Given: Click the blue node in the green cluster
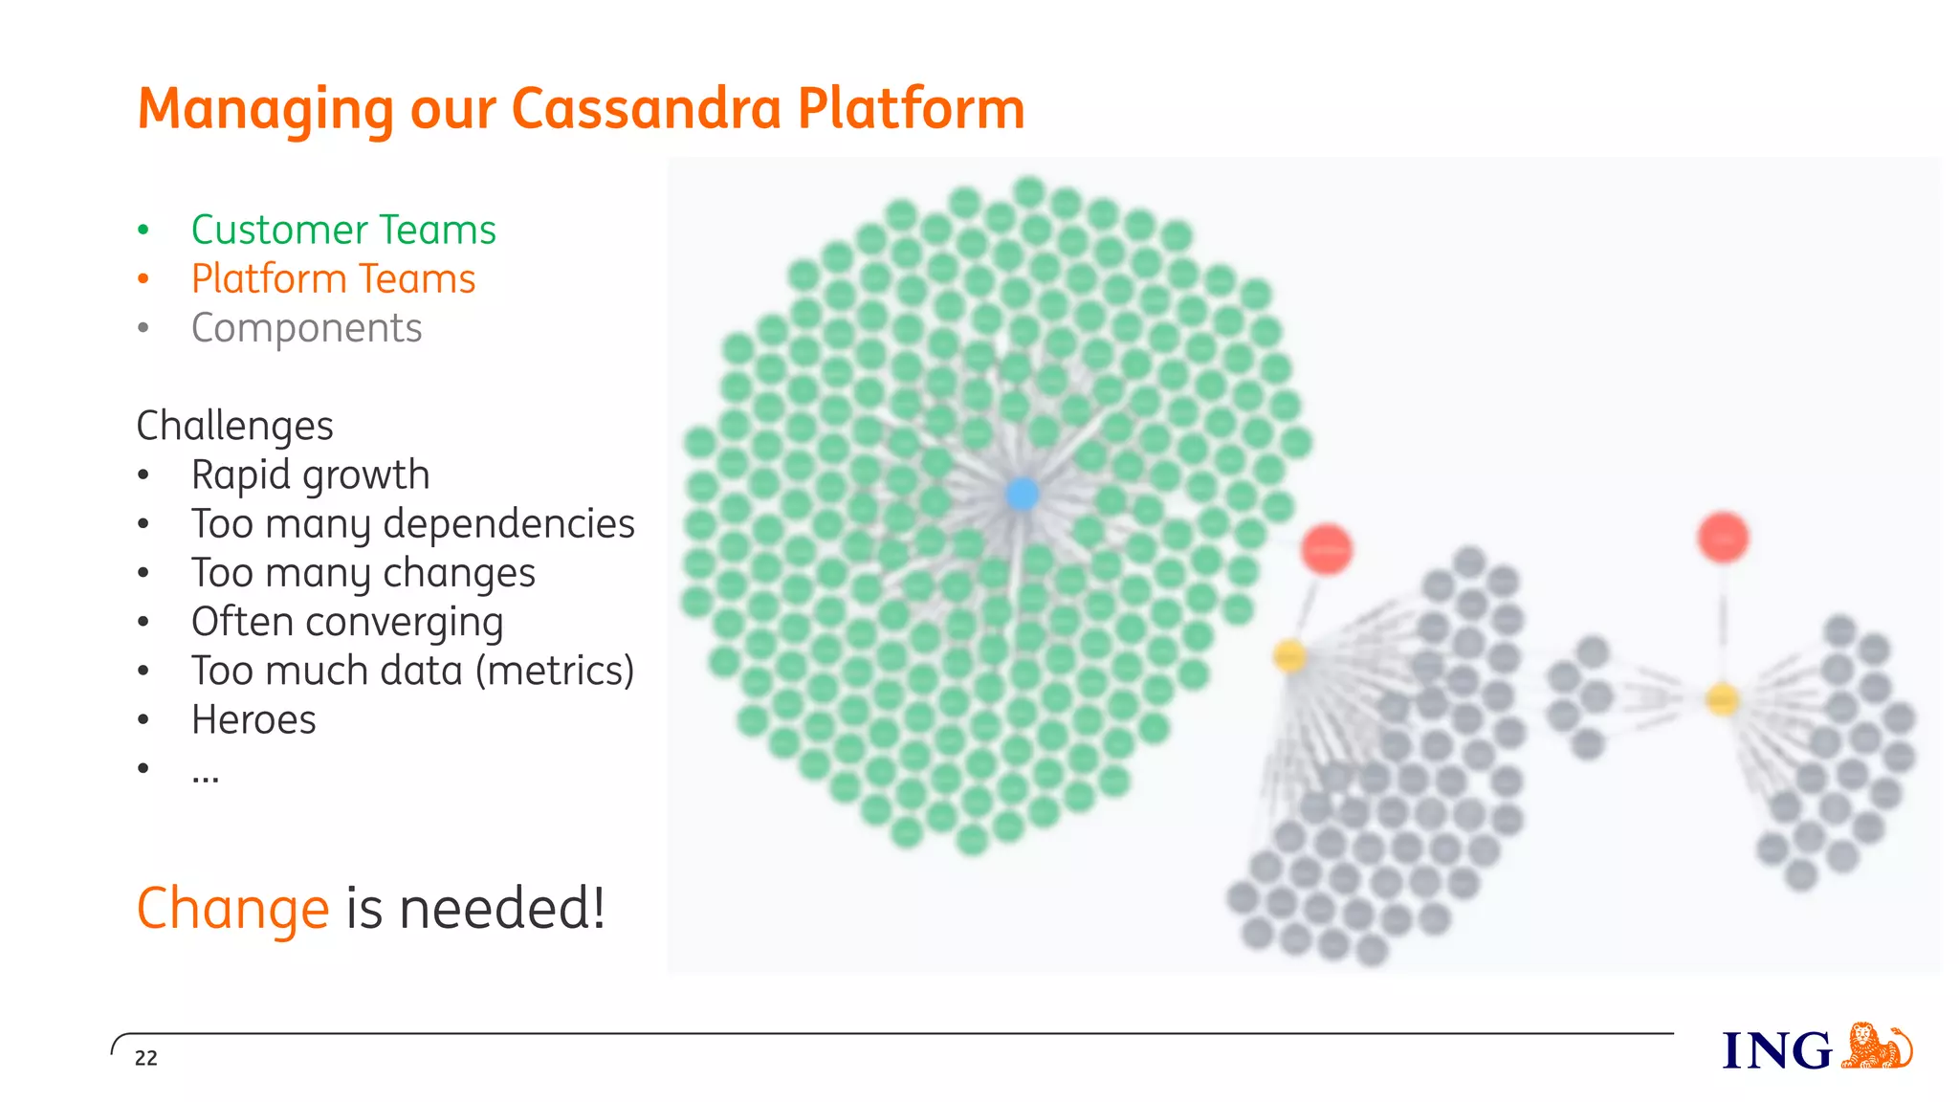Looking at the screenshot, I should click(1022, 494).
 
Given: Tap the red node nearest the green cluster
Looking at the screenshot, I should click(1326, 549).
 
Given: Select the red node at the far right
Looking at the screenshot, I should click(1723, 538).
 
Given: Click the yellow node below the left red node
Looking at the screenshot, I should click(1289, 656).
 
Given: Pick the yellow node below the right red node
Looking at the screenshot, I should click(1722, 700).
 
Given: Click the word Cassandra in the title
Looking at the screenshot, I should click(647, 108).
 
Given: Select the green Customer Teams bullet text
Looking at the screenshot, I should click(343, 230).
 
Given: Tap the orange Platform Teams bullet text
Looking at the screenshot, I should click(333, 279).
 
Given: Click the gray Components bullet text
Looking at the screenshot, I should click(306, 328).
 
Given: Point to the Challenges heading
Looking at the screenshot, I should click(234, 426).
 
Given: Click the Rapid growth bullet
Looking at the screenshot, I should click(310, 475).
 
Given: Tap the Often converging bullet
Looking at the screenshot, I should click(346, 622).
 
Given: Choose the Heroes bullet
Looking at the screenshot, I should click(253, 720).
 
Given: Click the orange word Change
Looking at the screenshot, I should click(232, 908).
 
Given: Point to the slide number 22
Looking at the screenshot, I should click(145, 1058).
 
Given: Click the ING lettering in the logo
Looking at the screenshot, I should click(1776, 1051).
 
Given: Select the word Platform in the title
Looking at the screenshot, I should click(911, 108).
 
